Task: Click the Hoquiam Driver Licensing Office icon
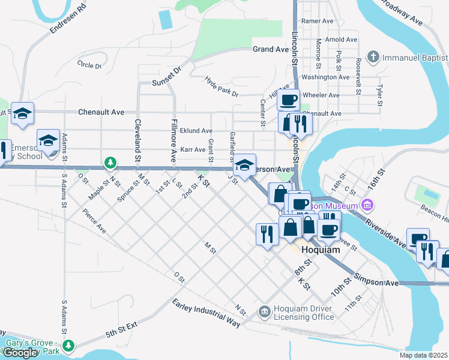click(264, 311)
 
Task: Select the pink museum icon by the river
click(368, 206)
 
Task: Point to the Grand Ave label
click(271, 49)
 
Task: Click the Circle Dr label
click(89, 64)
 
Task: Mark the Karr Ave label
click(193, 149)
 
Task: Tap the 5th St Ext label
click(122, 331)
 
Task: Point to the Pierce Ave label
click(94, 221)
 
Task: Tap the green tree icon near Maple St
click(109, 162)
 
